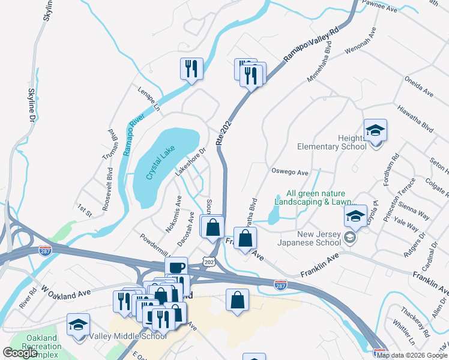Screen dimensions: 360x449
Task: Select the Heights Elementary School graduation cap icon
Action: click(x=375, y=130)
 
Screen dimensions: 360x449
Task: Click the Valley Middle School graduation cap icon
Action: click(x=78, y=325)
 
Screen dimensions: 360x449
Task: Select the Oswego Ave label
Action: click(x=290, y=173)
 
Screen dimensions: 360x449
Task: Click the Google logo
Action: click(x=20, y=353)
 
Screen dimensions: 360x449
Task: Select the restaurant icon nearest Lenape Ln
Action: click(x=191, y=69)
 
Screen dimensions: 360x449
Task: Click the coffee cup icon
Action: click(x=176, y=268)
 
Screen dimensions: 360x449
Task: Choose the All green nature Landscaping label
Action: click(x=316, y=198)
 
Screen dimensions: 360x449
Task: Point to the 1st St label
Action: click(x=85, y=210)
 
